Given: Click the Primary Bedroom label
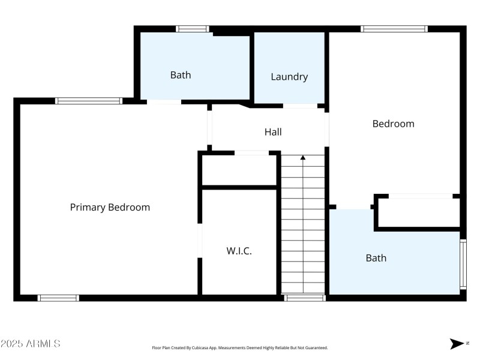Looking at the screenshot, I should [x=110, y=208].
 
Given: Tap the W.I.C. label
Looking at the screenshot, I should [x=239, y=251].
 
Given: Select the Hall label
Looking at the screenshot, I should [x=273, y=132].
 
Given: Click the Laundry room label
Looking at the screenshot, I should [x=289, y=77].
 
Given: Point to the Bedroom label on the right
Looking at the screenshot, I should [x=393, y=124].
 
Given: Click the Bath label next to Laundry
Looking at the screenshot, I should [x=181, y=75].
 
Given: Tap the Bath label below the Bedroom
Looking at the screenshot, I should [x=376, y=258].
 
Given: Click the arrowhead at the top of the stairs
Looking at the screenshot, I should [x=303, y=158].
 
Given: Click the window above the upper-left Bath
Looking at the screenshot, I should [x=192, y=29].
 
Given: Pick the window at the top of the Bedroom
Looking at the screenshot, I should [x=394, y=29].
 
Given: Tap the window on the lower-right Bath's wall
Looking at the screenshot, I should [x=463, y=264].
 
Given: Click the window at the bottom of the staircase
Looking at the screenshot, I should [x=304, y=298].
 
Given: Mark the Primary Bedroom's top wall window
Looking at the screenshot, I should [x=89, y=101].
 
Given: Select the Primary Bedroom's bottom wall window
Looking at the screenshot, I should [x=58, y=298].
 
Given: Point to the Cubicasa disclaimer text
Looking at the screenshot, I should [x=240, y=348].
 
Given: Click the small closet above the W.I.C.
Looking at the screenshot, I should [x=239, y=170].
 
